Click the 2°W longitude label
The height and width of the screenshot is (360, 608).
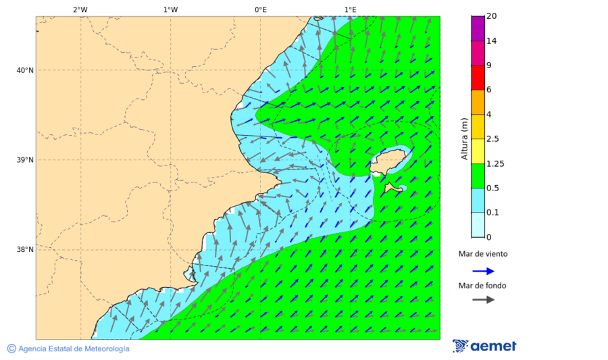tap(80, 9)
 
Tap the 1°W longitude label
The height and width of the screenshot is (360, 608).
tap(170, 9)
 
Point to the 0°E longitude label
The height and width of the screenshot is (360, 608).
tap(260, 9)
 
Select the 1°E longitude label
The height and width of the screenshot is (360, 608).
tap(351, 9)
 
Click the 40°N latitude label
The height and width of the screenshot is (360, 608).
tap(25, 70)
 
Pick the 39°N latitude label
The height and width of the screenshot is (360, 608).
tap(25, 160)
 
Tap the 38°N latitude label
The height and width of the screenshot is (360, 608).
tap(25, 249)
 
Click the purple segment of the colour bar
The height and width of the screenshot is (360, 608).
tap(478, 28)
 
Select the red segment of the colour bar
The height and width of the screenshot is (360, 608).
tap(478, 77)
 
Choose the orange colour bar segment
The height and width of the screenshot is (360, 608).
tap(478, 102)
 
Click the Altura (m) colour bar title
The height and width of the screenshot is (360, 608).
tap(464, 138)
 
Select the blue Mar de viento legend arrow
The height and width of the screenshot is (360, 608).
tap(483, 271)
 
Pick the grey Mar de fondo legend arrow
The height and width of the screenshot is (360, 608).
tap(483, 300)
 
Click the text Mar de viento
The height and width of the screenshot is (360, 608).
tap(482, 254)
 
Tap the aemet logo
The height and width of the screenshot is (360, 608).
tap(484, 346)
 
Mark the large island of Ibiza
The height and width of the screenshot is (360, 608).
tap(391, 161)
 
